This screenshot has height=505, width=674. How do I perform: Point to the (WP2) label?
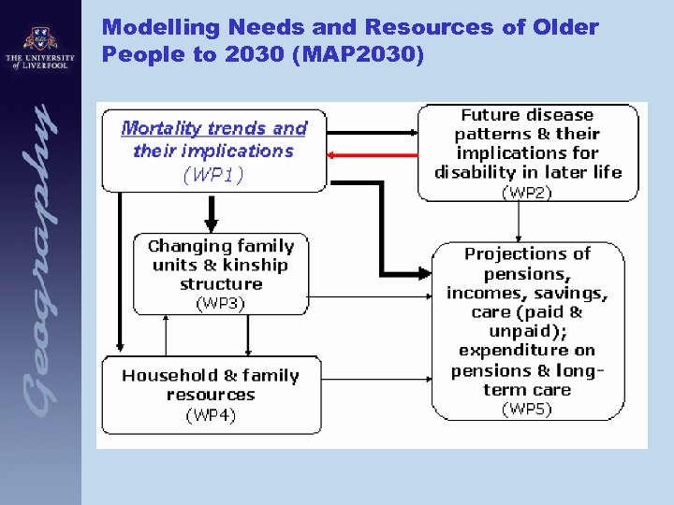click(527, 193)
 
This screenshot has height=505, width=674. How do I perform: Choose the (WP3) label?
click(220, 303)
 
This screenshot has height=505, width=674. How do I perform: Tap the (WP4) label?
click(210, 414)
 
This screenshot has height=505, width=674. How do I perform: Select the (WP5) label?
click(527, 409)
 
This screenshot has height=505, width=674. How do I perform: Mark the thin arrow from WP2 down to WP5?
click(519, 221)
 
